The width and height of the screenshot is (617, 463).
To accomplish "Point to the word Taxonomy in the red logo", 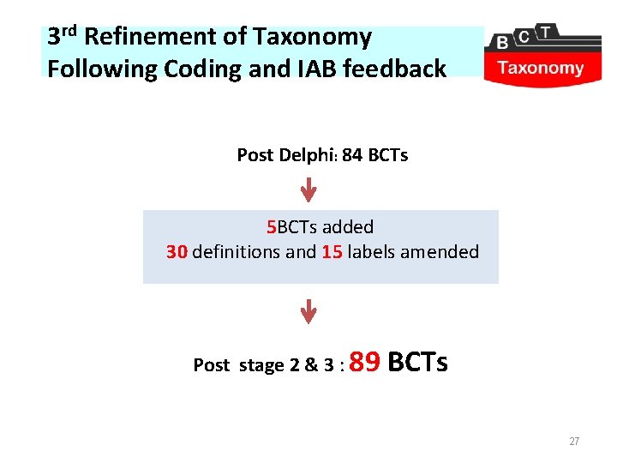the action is click(x=541, y=69).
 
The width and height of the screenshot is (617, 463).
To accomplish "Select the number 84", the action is click(x=352, y=155).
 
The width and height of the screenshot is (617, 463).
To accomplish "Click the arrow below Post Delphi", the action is click(x=308, y=189).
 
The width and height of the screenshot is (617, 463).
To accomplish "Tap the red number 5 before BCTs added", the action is click(x=271, y=227).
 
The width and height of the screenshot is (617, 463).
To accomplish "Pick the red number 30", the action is click(x=177, y=252).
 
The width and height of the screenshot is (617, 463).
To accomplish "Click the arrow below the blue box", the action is click(x=308, y=310).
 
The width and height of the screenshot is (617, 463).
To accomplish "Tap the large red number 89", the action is click(x=366, y=362).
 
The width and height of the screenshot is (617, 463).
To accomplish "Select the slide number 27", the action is click(x=574, y=442).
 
